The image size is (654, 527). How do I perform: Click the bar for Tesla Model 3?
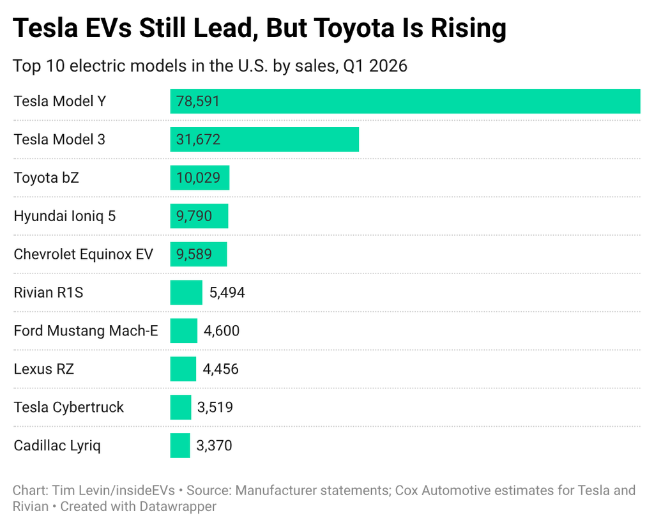(264, 139)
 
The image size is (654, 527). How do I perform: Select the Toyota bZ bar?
(199, 178)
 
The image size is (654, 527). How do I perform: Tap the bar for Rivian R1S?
(186, 293)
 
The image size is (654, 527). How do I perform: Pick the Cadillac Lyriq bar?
(179, 446)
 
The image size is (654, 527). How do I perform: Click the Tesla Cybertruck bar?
(180, 408)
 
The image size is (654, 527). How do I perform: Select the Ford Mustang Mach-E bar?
(183, 331)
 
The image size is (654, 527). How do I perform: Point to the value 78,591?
(198, 101)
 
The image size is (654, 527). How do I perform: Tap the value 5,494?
(227, 293)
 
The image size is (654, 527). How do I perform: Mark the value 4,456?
(221, 369)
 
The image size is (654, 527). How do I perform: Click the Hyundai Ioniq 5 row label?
(65, 216)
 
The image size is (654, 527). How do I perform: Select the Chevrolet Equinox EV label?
(83, 254)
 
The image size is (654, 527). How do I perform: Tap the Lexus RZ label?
(43, 369)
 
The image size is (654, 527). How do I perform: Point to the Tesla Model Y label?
(59, 101)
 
